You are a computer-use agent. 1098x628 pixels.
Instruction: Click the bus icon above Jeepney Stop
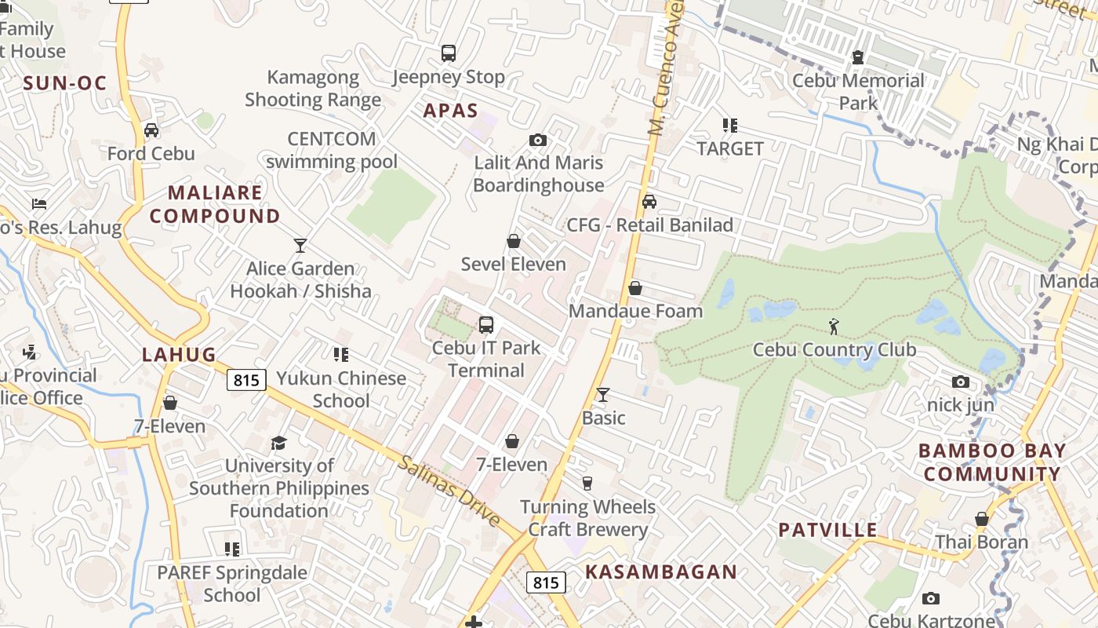click(448, 53)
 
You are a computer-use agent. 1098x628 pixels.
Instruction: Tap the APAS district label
click(450, 111)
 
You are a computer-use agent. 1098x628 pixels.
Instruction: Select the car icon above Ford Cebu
click(151, 130)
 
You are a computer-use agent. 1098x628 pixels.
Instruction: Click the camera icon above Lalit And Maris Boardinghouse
click(538, 140)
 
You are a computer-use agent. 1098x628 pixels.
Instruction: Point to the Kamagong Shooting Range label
click(313, 89)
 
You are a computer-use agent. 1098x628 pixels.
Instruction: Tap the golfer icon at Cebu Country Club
click(834, 326)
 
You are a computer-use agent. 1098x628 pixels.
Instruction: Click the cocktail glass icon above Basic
click(603, 394)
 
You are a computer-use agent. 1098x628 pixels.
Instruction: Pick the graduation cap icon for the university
click(278, 444)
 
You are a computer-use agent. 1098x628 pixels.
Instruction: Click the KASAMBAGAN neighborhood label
click(661, 572)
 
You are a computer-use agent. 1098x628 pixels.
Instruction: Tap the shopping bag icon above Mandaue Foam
click(635, 288)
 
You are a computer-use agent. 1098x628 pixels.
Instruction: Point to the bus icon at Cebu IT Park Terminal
click(486, 324)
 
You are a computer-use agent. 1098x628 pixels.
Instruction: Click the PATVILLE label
click(827, 530)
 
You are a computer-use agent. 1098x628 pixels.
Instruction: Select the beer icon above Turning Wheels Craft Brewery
click(587, 483)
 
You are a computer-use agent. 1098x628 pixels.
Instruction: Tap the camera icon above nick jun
click(961, 382)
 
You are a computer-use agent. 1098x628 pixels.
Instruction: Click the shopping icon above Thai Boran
click(982, 519)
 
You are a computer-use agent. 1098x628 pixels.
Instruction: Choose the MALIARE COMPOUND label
click(215, 204)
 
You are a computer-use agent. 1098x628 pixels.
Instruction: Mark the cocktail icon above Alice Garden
click(300, 246)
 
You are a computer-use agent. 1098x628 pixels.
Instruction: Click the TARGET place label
click(730, 148)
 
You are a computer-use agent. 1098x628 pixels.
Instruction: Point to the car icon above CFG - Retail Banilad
click(649, 202)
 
